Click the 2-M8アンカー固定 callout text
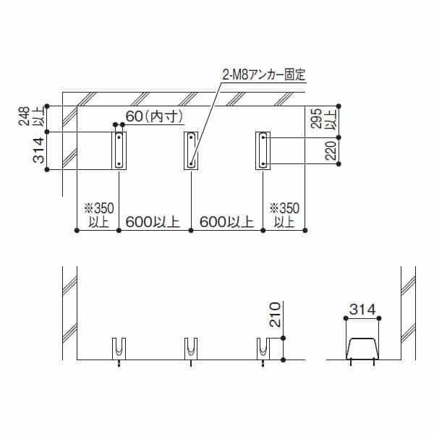point(265,74)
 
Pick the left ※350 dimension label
point(95,208)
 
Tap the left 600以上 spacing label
point(153,221)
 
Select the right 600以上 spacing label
point(226,221)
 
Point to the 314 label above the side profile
point(362,310)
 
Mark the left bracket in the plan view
point(118,150)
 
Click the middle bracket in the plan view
point(190,150)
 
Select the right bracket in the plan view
point(263,150)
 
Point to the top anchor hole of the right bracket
point(263,136)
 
